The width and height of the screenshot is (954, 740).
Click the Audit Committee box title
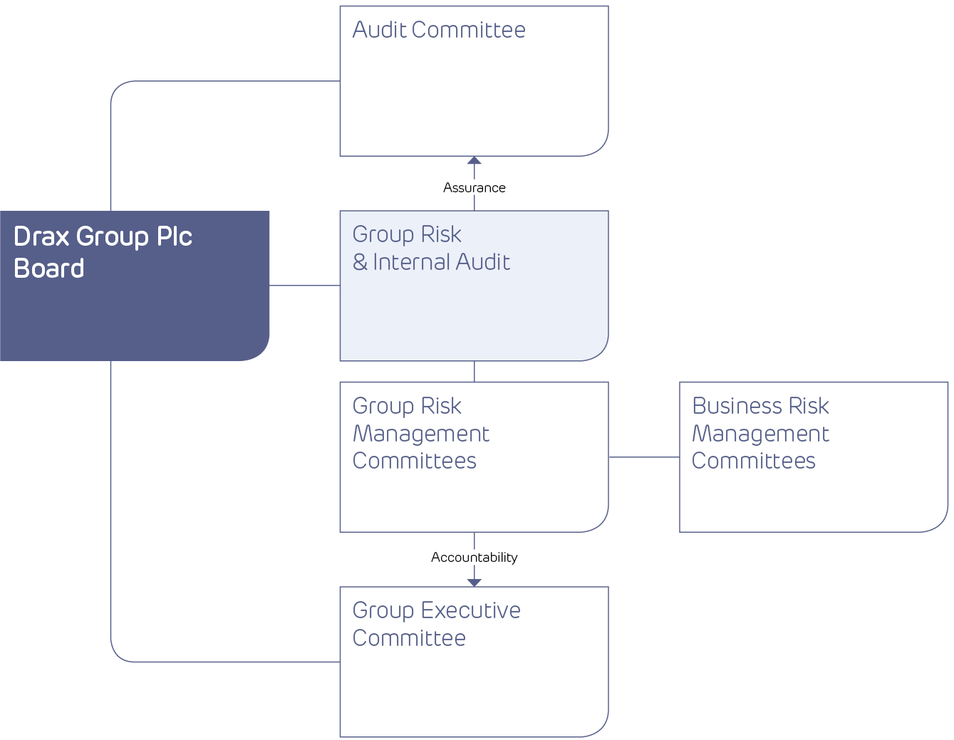point(439,30)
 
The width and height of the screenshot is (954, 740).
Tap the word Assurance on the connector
point(474,188)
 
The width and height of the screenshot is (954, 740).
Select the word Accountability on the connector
point(474,558)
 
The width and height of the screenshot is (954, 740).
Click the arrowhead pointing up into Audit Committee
point(475,160)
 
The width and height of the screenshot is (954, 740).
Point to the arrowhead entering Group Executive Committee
point(475,582)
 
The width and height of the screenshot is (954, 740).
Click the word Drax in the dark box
point(41,237)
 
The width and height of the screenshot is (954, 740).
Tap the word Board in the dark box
point(49,269)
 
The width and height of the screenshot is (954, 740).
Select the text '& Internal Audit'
point(431,263)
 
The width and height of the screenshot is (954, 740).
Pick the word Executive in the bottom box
point(470,611)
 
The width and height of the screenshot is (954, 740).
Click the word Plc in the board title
point(174,237)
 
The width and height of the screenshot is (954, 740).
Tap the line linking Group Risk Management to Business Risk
point(643,457)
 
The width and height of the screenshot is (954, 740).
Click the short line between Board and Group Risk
point(304,286)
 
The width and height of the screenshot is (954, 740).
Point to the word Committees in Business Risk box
point(753,462)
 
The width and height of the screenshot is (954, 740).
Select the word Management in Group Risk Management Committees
point(421,434)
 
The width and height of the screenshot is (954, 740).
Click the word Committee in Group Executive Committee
point(409,639)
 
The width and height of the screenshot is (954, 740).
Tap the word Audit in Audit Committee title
point(379,30)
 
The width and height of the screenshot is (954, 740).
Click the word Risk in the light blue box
point(441,235)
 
